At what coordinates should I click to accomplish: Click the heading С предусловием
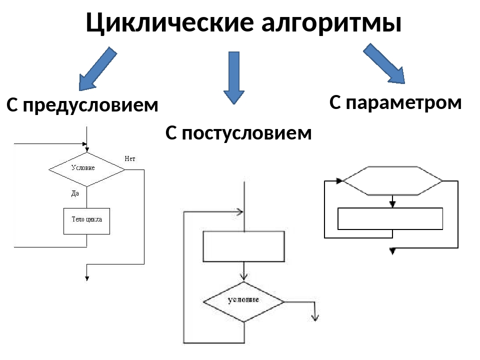(82, 105)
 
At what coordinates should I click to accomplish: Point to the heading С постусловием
(238, 133)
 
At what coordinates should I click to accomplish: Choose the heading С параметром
(395, 103)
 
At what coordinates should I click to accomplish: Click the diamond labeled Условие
(86, 169)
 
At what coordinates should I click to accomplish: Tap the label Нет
(130, 159)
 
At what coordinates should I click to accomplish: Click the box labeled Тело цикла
(86, 221)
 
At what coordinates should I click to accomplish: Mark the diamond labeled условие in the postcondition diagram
(243, 301)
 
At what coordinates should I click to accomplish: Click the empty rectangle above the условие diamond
(243, 246)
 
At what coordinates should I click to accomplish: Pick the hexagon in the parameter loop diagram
(392, 180)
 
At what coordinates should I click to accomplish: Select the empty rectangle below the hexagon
(390, 218)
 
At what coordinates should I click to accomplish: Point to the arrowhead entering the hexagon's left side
(340, 180)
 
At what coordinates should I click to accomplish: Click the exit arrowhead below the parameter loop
(392, 250)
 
